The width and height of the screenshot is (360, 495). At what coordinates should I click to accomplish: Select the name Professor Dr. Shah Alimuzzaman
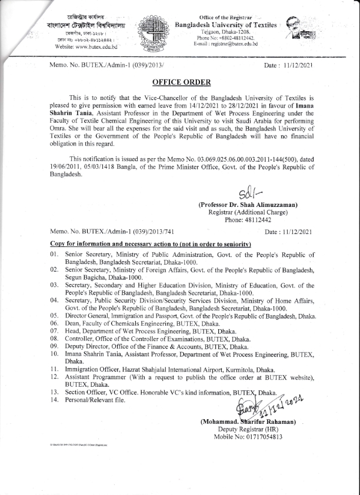click(x=248, y=205)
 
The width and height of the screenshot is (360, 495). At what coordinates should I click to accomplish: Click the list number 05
click(x=54, y=316)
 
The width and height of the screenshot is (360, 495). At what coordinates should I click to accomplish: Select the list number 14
click(x=54, y=400)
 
